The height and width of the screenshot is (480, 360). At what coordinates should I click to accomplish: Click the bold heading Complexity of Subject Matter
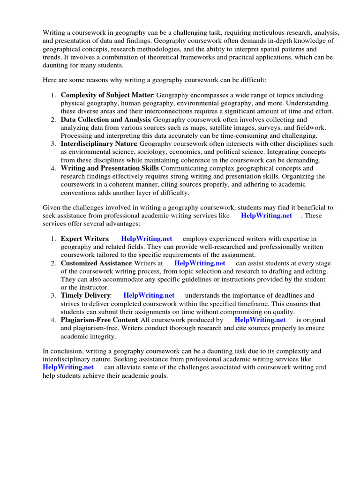[x=107, y=95]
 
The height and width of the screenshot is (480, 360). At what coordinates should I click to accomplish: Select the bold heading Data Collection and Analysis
[x=106, y=120]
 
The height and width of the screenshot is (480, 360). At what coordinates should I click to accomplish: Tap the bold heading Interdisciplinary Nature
[x=99, y=144]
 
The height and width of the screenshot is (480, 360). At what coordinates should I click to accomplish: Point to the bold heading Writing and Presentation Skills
[x=110, y=168]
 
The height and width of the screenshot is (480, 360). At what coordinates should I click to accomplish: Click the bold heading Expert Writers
[x=85, y=239]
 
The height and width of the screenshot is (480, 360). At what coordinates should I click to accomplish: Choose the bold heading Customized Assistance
[x=96, y=263]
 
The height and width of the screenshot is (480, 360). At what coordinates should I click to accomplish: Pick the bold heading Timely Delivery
[x=86, y=295]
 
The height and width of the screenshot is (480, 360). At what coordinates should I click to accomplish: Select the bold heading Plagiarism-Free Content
[x=99, y=320]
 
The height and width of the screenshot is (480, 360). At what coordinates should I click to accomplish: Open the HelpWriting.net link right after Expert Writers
[x=147, y=239]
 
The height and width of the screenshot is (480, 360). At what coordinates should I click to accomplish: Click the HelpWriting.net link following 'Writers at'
[x=200, y=263]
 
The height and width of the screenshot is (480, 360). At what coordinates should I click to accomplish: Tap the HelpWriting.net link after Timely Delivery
[x=149, y=295]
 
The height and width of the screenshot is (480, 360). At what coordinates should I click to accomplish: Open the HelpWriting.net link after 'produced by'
[x=260, y=320]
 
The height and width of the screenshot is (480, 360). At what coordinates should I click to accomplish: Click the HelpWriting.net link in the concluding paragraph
[x=68, y=367]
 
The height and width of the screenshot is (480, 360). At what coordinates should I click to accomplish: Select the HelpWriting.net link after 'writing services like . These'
[x=266, y=215]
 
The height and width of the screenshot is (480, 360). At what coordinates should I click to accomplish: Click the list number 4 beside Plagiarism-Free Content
[x=53, y=320]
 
